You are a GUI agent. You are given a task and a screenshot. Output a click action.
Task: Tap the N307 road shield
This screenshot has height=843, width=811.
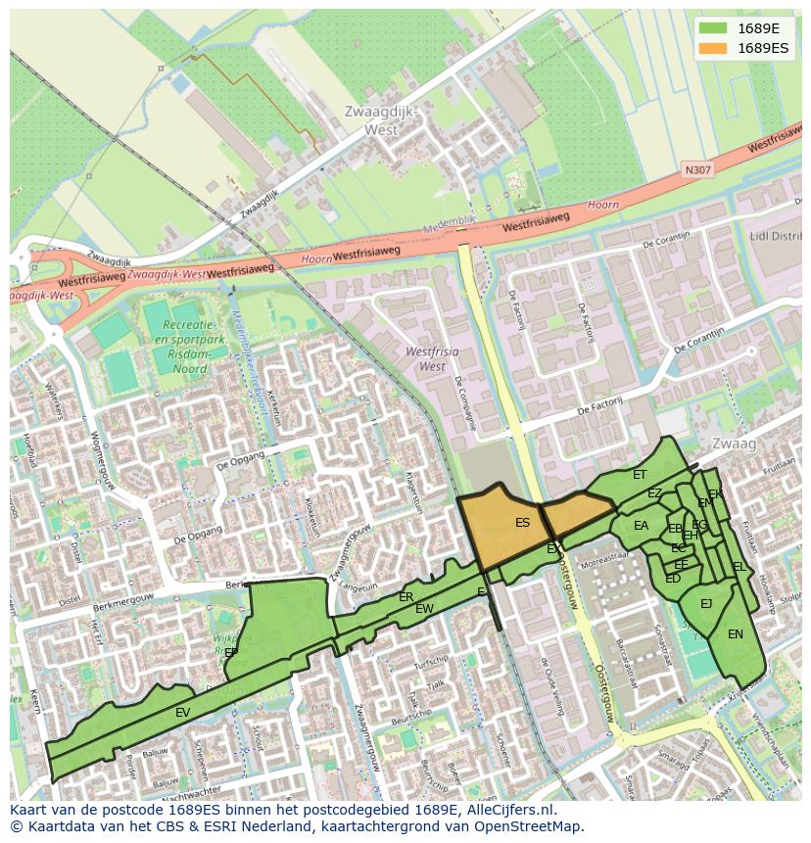coord(698,170)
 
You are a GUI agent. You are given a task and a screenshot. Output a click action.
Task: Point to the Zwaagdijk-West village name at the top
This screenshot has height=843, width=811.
coord(380,120)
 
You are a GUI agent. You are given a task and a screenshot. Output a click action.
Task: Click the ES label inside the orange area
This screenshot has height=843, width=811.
coord(522,523)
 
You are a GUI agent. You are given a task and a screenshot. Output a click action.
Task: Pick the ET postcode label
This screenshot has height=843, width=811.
coord(640,475)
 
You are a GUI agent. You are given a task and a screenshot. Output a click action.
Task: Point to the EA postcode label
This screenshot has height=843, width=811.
coord(641,526)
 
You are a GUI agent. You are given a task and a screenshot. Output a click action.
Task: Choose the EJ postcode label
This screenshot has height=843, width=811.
coord(706,604)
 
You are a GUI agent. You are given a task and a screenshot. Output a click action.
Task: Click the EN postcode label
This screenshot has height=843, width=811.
coord(736,634)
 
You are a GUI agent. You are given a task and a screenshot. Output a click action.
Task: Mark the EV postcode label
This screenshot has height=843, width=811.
coord(183,713)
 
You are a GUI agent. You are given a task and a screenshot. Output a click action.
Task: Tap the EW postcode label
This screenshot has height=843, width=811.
coord(424,609)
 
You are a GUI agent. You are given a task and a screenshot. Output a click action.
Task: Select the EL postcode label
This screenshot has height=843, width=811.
coord(739,567)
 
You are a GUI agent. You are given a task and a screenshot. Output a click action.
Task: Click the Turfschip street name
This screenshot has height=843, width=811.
coord(430,664)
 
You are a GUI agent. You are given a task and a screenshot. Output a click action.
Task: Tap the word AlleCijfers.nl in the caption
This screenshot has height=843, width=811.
coord(509,811)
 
